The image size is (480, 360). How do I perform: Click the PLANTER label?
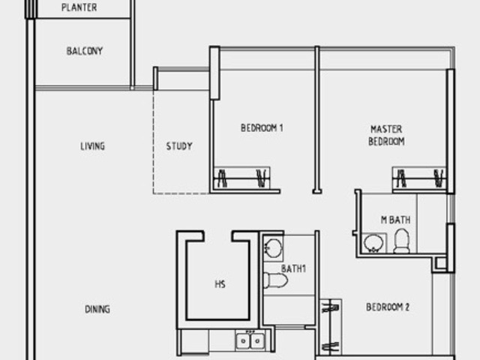tap(79, 7)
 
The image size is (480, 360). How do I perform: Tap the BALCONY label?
tap(85, 51)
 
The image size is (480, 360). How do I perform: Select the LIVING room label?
tap(92, 146)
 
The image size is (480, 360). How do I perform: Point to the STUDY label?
tap(179, 146)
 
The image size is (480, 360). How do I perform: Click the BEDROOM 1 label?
tap(262, 127)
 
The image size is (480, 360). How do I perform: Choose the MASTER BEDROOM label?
tap(386, 135)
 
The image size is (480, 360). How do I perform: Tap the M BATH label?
tap(395, 220)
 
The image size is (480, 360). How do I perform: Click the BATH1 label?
tap(293, 268)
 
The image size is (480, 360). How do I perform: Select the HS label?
tap(220, 284)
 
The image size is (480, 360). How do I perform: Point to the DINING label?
tap(97, 309)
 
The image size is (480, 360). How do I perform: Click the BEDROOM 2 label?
tap(388, 307)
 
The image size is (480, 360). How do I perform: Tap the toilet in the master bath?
tap(401, 241)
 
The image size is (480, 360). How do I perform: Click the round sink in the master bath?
tap(373, 243)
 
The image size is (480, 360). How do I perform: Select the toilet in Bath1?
tap(275, 280)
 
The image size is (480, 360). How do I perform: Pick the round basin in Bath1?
tap(273, 247)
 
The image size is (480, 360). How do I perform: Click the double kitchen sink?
tap(250, 340)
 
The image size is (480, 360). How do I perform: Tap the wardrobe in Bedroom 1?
tap(241, 178)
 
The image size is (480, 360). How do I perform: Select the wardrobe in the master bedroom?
tap(419, 178)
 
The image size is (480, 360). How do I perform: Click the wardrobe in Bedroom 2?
tap(331, 327)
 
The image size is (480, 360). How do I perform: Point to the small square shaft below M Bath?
tap(441, 263)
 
